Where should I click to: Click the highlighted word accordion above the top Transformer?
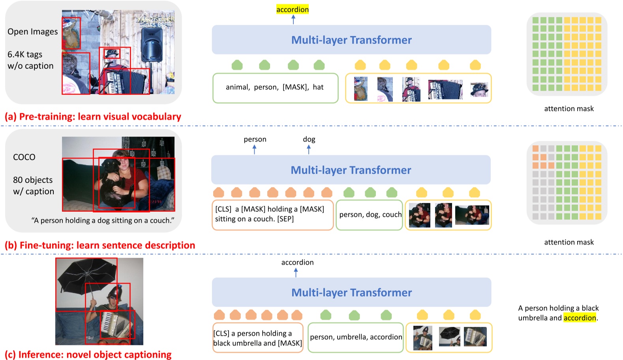[292, 9]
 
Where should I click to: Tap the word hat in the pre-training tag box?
[318, 87]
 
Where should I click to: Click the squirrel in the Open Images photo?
[71, 34]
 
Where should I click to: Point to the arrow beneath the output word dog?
[309, 149]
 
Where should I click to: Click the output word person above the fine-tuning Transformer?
[255, 139]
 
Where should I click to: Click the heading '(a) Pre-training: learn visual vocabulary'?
[93, 117]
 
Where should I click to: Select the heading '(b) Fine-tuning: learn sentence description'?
[100, 246]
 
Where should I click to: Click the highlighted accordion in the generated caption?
[580, 318]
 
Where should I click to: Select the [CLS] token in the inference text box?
[221, 334]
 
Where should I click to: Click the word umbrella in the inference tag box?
[352, 337]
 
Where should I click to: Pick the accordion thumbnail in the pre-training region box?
[445, 90]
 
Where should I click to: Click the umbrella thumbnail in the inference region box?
[449, 337]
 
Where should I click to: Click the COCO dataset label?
[24, 157]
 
